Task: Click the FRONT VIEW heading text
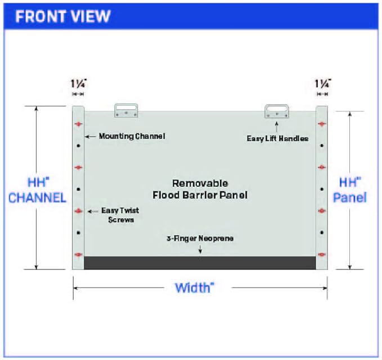(x=63, y=16)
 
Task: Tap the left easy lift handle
(x=126, y=110)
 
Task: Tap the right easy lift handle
(x=277, y=111)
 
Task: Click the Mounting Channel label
(x=132, y=136)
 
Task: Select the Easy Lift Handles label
(x=277, y=138)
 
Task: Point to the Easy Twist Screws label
(x=120, y=215)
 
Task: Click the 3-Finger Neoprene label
(x=200, y=238)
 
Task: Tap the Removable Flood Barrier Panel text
(x=200, y=189)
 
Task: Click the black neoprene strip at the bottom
(x=200, y=263)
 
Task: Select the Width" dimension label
(x=195, y=288)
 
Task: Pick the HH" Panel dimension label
(x=350, y=190)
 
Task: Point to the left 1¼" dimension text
(x=78, y=84)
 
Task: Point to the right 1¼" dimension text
(x=323, y=84)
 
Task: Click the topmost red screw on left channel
(x=78, y=124)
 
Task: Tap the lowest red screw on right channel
(x=322, y=255)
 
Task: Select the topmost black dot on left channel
(x=78, y=146)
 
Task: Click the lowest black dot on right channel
(x=322, y=233)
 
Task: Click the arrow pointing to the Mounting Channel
(x=91, y=137)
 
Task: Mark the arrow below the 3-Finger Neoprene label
(x=200, y=249)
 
